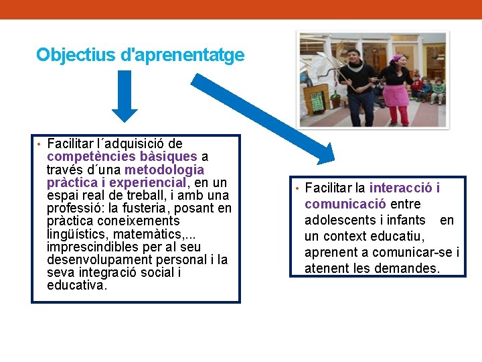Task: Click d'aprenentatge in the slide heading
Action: tap(189, 55)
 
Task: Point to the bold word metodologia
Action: tap(164, 169)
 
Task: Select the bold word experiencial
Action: tap(148, 182)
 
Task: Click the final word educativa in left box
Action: tap(76, 286)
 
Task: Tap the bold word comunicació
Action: tap(345, 204)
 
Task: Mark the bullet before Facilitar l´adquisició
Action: tap(39, 144)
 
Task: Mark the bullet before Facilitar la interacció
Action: tap(297, 188)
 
